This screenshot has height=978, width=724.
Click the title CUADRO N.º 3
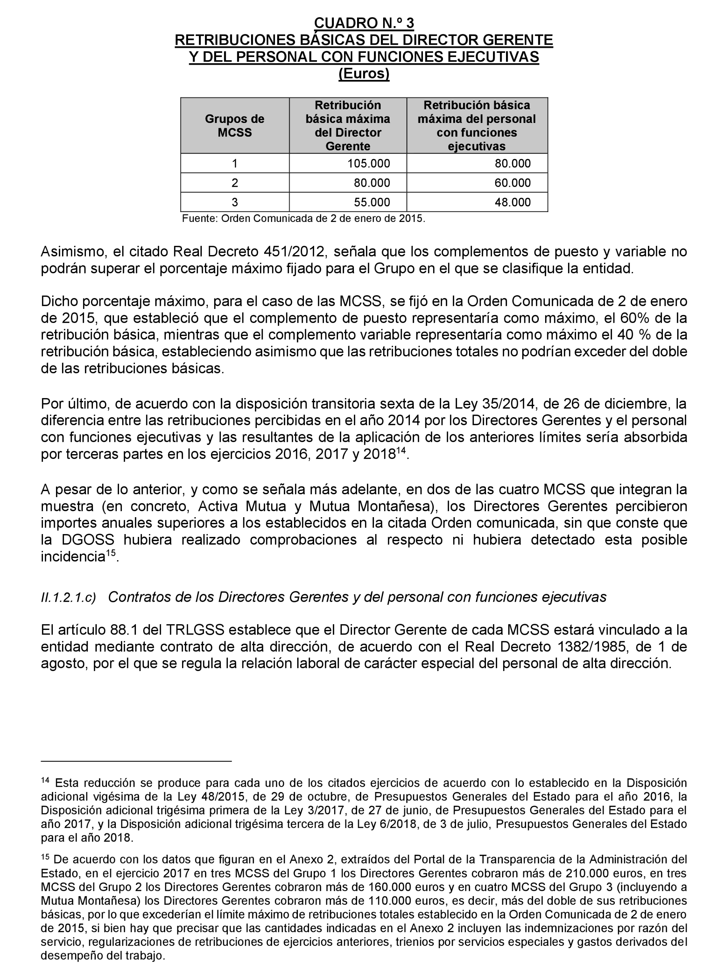coord(364,23)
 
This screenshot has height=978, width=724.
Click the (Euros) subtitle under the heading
coord(364,74)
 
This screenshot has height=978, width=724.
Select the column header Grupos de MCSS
coord(235,126)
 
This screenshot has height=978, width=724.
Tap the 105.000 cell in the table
coord(368,163)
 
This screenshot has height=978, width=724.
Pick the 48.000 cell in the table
coord(512,202)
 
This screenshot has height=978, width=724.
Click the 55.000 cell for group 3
coord(372,202)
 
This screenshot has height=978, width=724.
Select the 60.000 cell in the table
coord(512,183)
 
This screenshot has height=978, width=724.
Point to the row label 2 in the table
coord(235,183)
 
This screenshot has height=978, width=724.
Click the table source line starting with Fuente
coord(303,218)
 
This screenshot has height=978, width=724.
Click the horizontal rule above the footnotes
coord(136,762)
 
